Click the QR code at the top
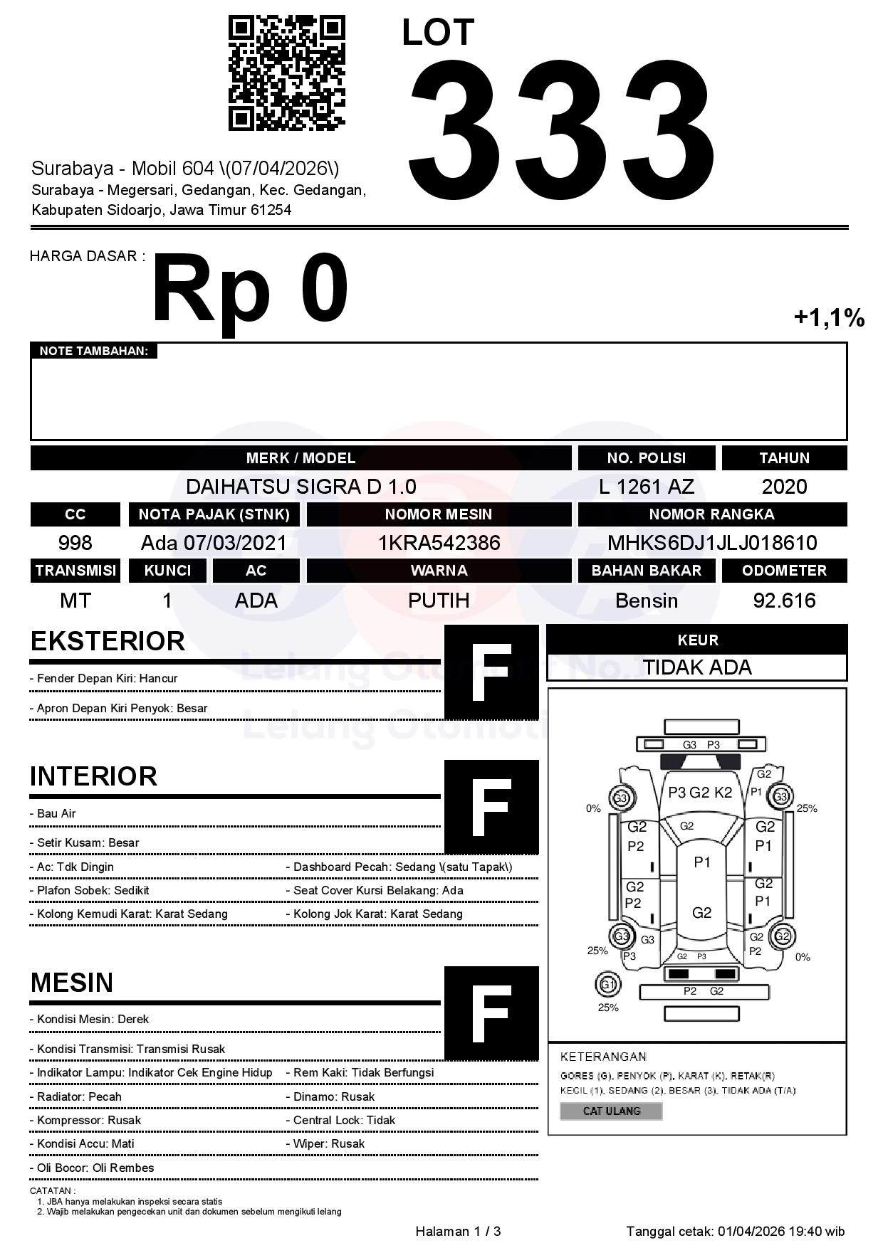point(286,73)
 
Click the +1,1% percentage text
point(829,317)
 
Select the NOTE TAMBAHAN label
point(93,351)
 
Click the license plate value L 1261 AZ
point(646,487)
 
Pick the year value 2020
point(784,487)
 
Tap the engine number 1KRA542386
point(439,543)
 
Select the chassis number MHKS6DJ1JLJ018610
point(711,543)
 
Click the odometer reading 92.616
point(784,601)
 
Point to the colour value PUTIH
point(439,601)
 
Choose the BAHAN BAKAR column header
point(646,571)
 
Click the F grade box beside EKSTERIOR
point(491,672)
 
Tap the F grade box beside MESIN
point(491,1013)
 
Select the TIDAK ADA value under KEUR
point(696,667)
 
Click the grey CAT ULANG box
point(611,1111)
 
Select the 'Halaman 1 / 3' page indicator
point(458,1231)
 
